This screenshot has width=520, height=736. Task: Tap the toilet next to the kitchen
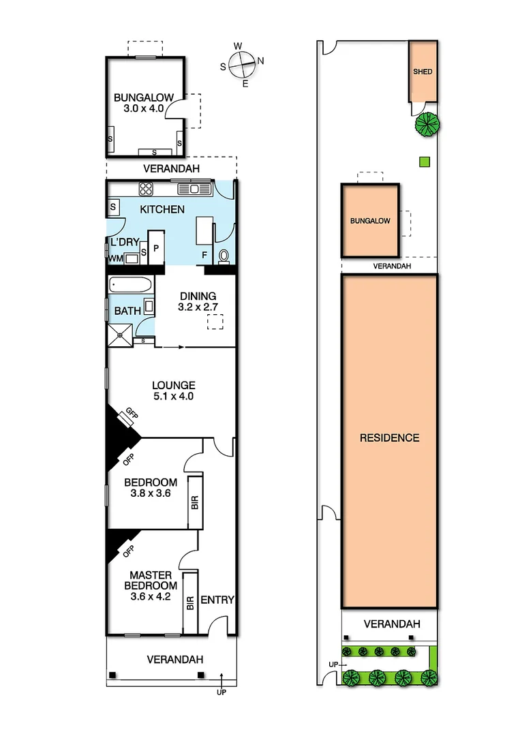pos(224,257)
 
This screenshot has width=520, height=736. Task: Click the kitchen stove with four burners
pos(146,187)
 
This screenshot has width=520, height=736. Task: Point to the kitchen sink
pos(194,188)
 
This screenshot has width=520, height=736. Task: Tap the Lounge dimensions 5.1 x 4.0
pos(173,396)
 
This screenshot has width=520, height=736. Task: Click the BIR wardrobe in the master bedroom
pos(190,602)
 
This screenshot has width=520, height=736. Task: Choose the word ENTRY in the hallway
pos(217,600)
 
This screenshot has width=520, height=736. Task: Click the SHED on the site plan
pos(423,72)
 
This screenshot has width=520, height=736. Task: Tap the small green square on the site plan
pos(424,162)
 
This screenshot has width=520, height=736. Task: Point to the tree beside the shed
pos(427,125)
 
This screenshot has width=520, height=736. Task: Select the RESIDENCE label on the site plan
pos(389,438)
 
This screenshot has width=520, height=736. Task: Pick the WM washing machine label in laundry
pos(114,258)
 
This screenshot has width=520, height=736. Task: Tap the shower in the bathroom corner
pos(121,334)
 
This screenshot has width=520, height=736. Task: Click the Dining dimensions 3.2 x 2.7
pos(198,307)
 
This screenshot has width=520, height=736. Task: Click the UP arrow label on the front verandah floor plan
pos(221,692)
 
